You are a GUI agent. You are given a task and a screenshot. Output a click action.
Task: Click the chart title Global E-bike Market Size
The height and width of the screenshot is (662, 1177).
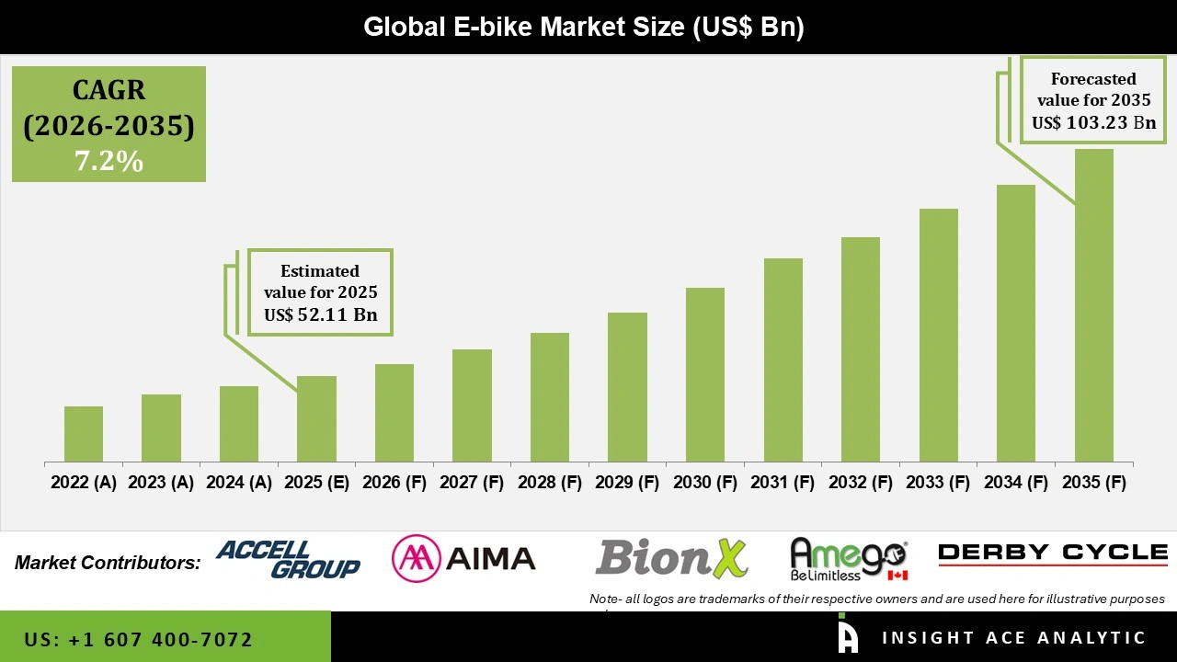(584, 27)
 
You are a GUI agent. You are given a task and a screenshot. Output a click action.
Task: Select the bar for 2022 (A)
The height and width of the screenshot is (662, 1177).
(84, 434)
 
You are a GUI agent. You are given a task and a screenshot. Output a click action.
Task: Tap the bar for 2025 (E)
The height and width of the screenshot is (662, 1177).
(316, 418)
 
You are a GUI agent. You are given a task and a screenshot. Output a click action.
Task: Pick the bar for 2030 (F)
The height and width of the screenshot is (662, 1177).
(704, 374)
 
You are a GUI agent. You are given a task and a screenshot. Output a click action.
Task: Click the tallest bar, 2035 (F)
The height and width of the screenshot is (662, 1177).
(1093, 305)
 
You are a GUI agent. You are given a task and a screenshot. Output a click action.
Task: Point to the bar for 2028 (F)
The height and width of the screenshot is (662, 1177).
(549, 397)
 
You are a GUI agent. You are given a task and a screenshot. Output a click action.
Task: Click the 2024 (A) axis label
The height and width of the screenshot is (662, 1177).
(239, 483)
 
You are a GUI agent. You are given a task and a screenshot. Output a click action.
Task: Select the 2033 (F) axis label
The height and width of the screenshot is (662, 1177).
(939, 483)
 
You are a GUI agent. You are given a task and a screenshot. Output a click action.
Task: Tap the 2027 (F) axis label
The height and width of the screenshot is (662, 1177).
(472, 483)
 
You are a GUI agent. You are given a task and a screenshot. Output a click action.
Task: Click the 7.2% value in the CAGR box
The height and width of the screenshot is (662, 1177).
(109, 162)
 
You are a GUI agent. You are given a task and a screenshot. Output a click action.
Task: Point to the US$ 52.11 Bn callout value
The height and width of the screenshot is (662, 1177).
(320, 314)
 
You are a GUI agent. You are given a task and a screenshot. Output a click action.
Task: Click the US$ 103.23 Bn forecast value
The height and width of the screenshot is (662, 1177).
(1093, 122)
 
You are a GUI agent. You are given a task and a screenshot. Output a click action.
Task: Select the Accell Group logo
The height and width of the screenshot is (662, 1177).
(289, 559)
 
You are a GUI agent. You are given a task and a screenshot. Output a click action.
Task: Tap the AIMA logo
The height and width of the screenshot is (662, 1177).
(463, 558)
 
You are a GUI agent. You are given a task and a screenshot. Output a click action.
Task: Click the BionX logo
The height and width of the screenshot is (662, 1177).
(671, 558)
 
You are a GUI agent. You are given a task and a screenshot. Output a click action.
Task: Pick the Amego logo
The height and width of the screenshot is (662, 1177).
(848, 559)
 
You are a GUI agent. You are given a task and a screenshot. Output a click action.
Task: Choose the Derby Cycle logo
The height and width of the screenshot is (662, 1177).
(1053, 553)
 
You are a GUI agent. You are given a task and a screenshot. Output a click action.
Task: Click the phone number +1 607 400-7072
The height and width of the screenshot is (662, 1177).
(139, 639)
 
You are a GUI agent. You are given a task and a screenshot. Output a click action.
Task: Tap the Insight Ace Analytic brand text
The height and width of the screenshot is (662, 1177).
(1013, 638)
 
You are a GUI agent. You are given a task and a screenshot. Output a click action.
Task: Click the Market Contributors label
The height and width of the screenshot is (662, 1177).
(108, 563)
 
